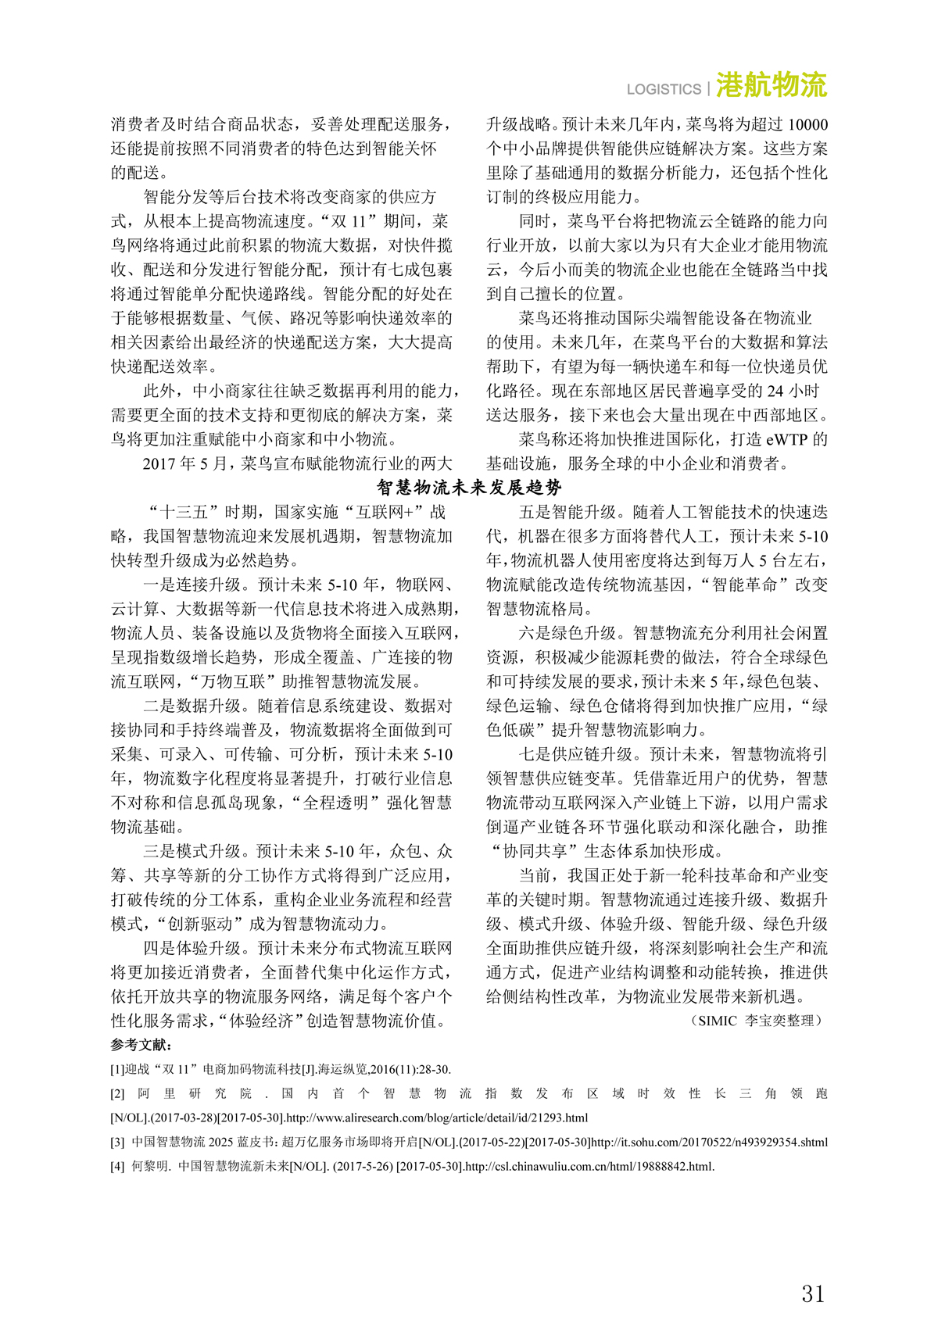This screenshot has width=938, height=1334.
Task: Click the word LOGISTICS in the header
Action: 664,89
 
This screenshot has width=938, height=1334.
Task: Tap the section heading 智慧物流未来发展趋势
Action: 469,488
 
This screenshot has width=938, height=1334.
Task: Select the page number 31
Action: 813,1293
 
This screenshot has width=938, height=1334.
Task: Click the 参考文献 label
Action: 141,1045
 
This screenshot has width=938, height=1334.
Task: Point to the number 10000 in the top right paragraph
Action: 807,124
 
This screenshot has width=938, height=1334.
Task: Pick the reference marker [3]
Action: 117,1142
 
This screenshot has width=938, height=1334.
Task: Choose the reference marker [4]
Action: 117,1167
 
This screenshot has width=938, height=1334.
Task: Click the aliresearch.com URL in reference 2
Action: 438,1118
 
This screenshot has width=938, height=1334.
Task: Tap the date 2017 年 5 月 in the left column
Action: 184,463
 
